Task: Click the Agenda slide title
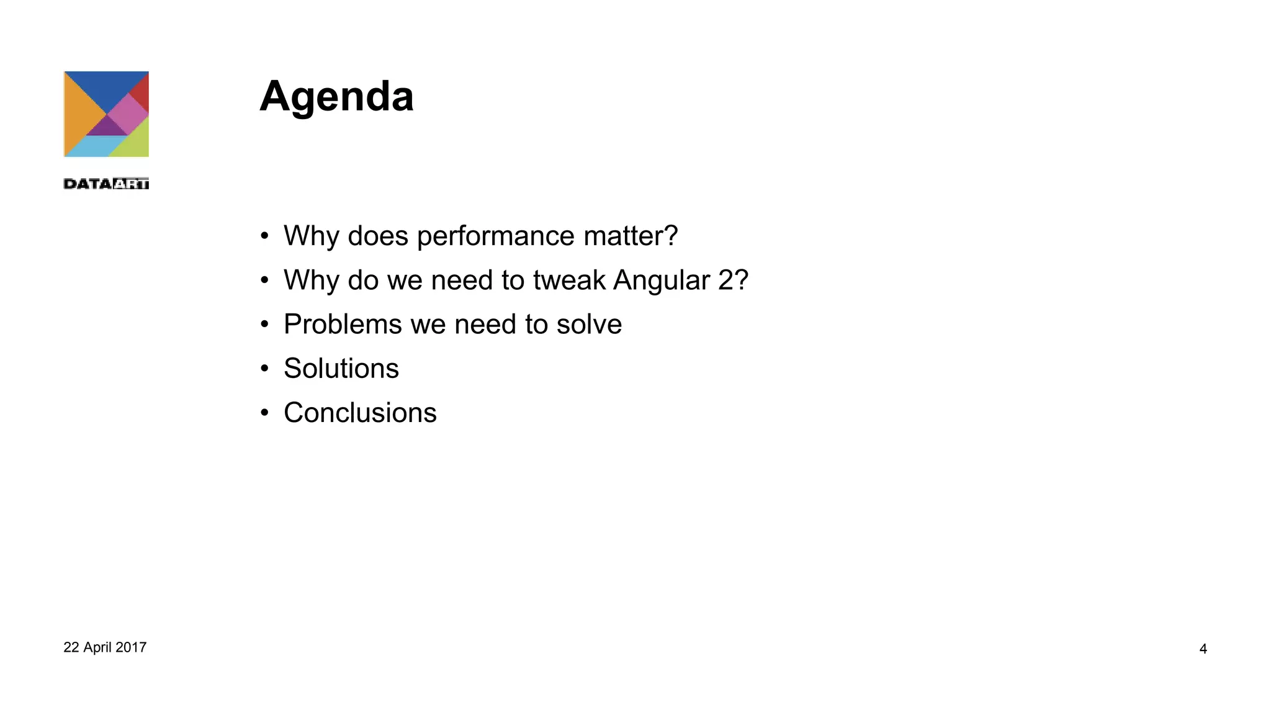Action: click(x=336, y=97)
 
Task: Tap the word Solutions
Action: click(x=341, y=368)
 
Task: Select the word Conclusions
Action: click(x=360, y=413)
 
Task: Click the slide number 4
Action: click(x=1203, y=649)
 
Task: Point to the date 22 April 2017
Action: click(x=105, y=647)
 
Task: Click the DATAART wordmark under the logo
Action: click(x=106, y=184)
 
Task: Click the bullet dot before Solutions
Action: click(x=265, y=369)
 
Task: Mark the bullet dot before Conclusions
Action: click(x=265, y=413)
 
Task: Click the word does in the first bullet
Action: click(x=378, y=236)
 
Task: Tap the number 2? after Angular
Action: click(x=733, y=280)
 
